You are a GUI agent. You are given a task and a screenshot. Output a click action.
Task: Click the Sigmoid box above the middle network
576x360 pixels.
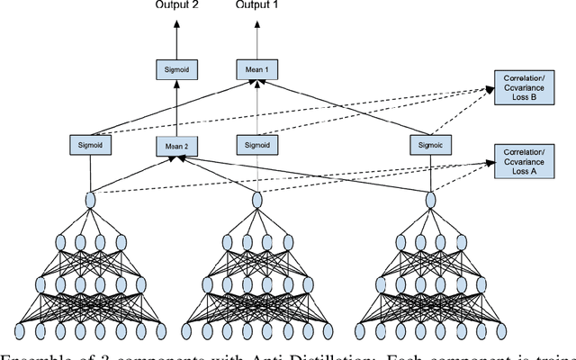tap(259, 144)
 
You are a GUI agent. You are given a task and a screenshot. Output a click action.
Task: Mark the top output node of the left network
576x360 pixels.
tap(90, 200)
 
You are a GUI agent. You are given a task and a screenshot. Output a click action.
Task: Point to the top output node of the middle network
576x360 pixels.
tap(259, 200)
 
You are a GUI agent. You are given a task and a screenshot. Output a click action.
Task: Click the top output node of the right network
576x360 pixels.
tap(431, 200)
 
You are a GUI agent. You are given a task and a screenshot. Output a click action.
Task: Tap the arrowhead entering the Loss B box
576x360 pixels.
tap(490, 90)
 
